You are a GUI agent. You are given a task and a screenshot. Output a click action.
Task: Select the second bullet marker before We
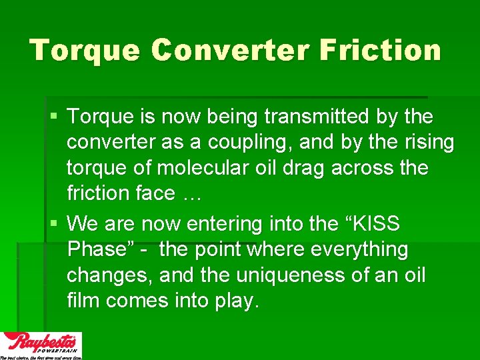click(x=53, y=223)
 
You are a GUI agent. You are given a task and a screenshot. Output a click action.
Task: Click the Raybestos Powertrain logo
click(x=41, y=345)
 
